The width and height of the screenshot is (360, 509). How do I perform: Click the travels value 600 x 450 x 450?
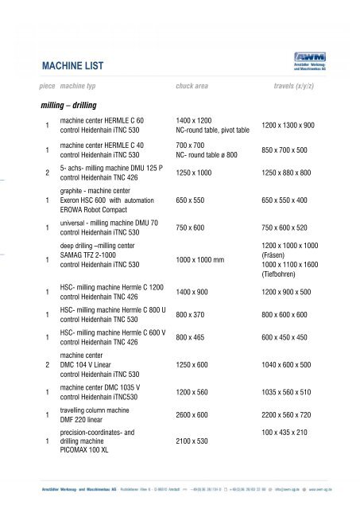click(x=295, y=337)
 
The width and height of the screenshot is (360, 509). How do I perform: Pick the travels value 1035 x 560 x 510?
click(x=296, y=392)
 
